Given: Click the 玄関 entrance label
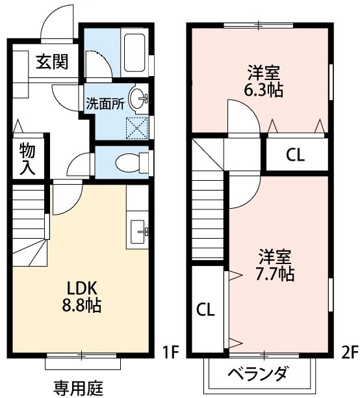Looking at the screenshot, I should (x=51, y=62).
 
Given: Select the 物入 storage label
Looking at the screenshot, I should (x=27, y=158).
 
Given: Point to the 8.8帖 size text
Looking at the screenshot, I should (x=81, y=305).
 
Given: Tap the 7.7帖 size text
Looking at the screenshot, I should (x=276, y=273).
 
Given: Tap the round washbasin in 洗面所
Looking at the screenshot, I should (x=138, y=99).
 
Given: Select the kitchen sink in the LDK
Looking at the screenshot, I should (x=140, y=231).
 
